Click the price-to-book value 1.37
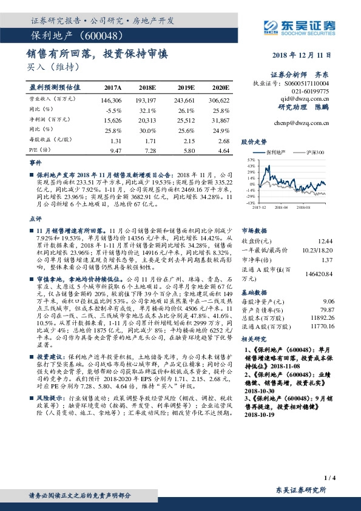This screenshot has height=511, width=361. (x=327, y=260)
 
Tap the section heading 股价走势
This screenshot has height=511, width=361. (x=254, y=141)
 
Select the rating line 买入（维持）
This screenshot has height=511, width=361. (x=53, y=66)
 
